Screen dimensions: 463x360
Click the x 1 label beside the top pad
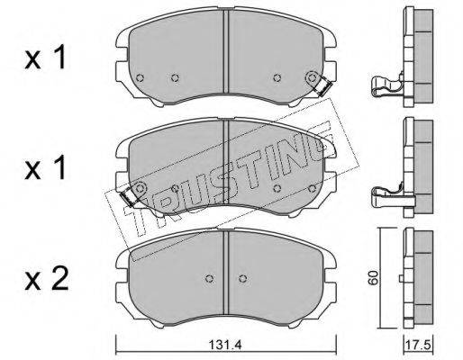(45, 58)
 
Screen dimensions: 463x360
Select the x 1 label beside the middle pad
(45, 168)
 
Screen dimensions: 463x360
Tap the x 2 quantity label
(47, 279)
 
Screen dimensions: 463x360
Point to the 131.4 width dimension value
(225, 345)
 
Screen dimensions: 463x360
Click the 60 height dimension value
(373, 277)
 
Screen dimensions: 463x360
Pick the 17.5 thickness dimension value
(418, 345)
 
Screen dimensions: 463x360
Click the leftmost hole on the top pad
(140, 78)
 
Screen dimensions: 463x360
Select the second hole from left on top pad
(175, 78)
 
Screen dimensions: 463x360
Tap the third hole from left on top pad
(277, 77)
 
